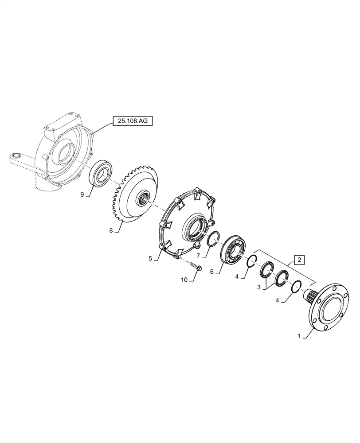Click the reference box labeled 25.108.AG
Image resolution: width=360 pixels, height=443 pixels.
(131, 120)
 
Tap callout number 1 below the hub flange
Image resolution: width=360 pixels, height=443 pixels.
(299, 336)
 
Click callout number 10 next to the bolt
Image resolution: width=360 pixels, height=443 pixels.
(184, 279)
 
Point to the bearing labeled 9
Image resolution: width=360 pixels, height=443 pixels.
(102, 173)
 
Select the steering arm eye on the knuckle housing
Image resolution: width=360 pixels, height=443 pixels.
(17, 155)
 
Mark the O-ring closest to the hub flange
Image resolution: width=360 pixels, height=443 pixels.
(297, 288)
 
